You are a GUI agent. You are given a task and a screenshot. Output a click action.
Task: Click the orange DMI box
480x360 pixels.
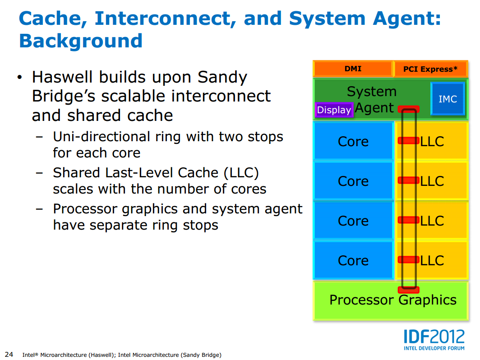(353, 69)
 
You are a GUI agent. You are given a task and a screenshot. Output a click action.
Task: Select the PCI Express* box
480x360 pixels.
(430, 69)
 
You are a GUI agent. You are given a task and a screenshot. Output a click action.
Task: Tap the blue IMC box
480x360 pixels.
(448, 99)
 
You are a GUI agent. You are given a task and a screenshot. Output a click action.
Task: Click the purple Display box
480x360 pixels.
(334, 110)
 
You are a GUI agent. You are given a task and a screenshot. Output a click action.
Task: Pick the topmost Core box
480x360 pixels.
(353, 141)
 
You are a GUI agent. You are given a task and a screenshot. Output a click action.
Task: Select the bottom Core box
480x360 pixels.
(353, 260)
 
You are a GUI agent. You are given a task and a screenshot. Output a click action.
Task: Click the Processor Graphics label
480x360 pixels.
(392, 300)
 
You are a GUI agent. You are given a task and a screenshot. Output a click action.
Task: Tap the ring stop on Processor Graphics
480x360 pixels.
(409, 290)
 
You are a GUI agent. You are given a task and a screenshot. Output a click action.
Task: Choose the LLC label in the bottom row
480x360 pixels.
(432, 260)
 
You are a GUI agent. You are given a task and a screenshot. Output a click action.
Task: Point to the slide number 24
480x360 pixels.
(9, 354)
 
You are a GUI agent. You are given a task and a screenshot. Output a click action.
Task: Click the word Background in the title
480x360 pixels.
(81, 41)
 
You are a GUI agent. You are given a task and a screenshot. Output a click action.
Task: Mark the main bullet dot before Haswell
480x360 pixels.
(19, 78)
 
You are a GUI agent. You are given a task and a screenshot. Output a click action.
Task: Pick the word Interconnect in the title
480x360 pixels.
(164, 18)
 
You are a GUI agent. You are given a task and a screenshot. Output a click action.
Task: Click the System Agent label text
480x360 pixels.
(372, 99)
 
